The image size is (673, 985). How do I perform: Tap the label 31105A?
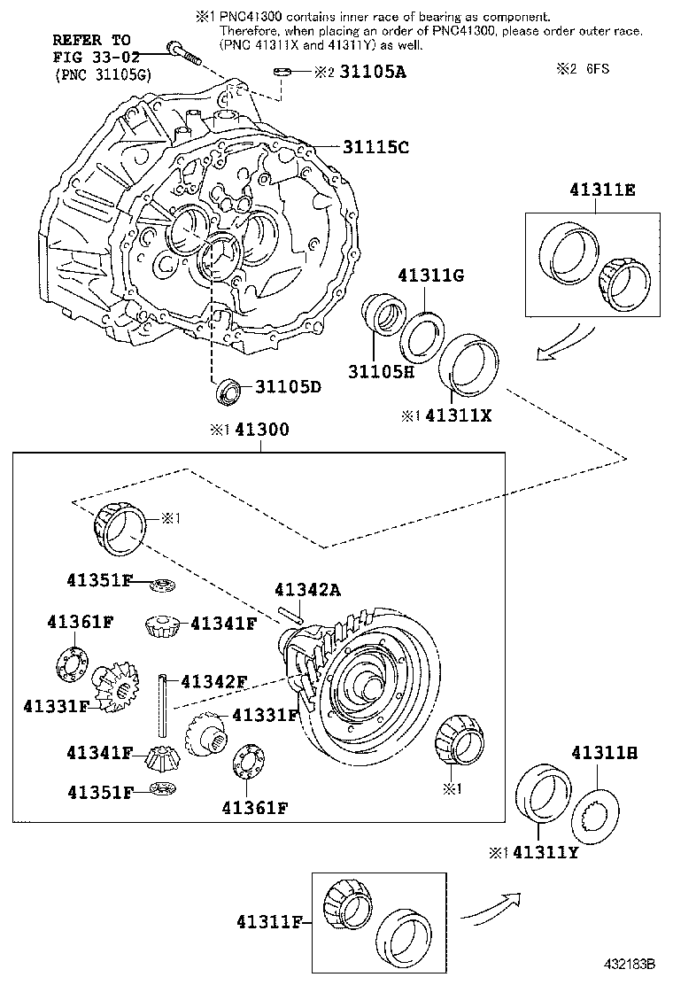click(371, 73)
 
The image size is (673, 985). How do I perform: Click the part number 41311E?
click(595, 190)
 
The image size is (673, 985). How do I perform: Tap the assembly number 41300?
click(259, 430)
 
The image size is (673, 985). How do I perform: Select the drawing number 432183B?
click(630, 963)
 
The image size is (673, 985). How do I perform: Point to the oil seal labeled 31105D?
click(228, 391)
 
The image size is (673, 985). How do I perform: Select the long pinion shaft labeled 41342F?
click(165, 704)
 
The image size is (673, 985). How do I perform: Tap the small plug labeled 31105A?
click(282, 71)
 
